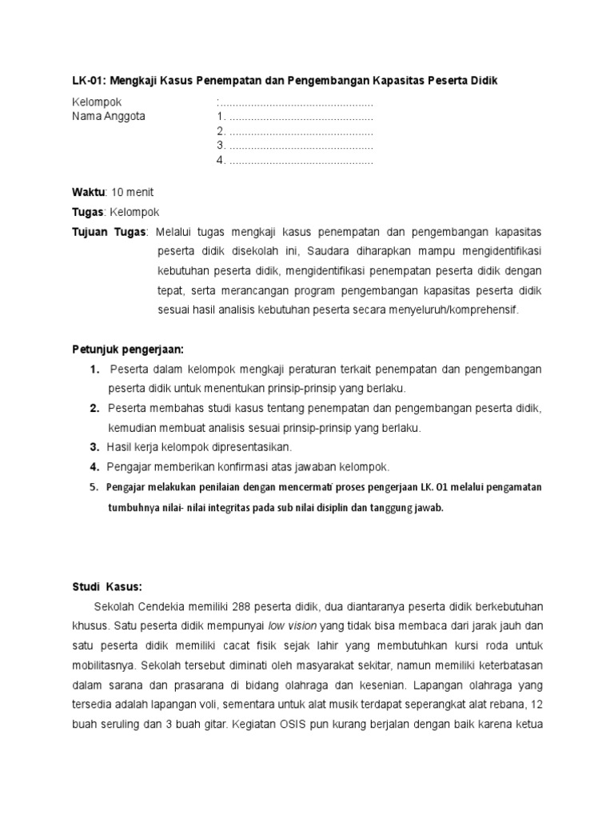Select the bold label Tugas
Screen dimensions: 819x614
87,212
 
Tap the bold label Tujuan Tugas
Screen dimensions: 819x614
110,232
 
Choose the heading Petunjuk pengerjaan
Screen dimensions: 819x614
128,350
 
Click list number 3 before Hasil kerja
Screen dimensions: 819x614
94,446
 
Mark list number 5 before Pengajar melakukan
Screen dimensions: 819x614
94,486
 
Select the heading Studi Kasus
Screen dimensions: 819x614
107,586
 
